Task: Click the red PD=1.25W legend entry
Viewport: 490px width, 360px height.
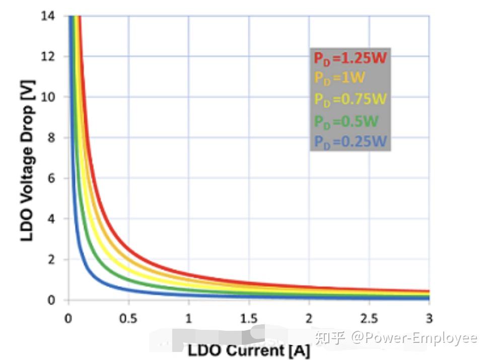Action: point(350,57)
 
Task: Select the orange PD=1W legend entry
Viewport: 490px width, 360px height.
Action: point(339,78)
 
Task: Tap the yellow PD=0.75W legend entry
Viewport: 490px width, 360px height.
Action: point(350,99)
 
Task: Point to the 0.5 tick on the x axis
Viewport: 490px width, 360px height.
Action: point(128,318)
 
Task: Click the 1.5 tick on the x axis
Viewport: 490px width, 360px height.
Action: point(249,318)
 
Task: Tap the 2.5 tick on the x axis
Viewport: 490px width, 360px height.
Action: point(369,318)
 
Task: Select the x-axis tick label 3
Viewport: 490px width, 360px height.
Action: point(429,318)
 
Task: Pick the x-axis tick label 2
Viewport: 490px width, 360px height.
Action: point(309,318)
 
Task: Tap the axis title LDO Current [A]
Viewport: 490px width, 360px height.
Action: point(249,350)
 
